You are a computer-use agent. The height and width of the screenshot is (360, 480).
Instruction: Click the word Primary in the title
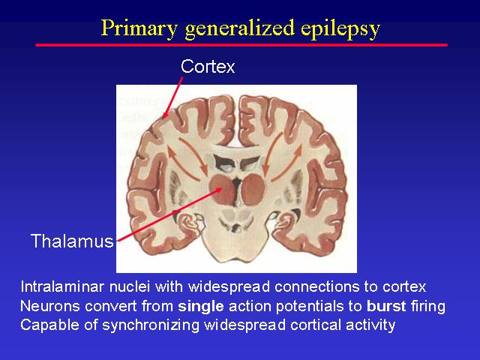(139, 28)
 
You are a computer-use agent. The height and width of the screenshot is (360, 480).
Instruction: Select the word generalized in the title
(240, 29)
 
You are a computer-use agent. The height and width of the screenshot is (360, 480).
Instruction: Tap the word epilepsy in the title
(340, 29)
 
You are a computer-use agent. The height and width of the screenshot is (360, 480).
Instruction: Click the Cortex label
(208, 66)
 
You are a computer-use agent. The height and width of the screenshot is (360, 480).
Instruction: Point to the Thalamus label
(72, 241)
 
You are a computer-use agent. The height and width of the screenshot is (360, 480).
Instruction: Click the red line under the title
(241, 45)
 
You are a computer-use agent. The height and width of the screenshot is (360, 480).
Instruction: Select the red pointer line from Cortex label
(173, 97)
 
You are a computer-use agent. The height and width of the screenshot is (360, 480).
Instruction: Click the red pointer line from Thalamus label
(169, 215)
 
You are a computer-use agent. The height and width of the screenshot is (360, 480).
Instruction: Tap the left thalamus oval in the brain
(222, 189)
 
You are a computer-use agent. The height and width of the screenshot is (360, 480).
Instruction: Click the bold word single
(201, 306)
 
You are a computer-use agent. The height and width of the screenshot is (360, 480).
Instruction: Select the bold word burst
(386, 306)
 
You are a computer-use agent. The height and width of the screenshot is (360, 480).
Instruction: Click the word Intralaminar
(63, 286)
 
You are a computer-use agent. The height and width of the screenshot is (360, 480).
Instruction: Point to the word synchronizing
(151, 325)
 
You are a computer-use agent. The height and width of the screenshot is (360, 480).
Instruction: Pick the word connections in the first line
(316, 286)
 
